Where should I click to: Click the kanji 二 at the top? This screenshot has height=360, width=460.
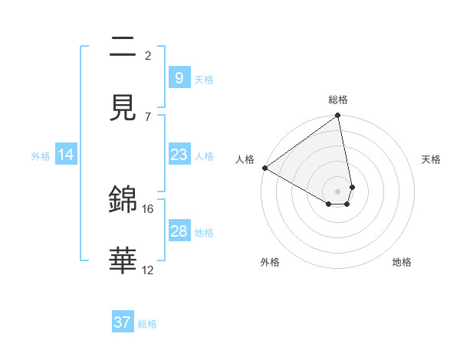[123, 48]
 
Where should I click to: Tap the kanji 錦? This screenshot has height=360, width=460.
[123, 200]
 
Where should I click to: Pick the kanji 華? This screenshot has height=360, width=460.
[123, 261]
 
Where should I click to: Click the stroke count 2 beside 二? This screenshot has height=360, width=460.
[148, 55]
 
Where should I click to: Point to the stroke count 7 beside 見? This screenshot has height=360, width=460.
[148, 116]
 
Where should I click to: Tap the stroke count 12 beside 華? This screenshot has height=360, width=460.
[148, 270]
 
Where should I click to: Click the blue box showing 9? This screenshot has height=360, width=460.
[179, 77]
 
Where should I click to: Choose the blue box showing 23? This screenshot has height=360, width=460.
[179, 155]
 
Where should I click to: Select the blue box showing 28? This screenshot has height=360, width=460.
[179, 231]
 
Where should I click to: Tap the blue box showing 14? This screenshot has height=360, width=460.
[66, 155]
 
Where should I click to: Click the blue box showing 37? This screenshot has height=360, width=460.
[123, 322]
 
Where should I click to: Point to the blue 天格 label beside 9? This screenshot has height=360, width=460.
[204, 79]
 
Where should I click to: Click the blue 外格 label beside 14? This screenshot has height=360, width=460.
[41, 156]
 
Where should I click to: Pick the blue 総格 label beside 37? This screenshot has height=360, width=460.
[147, 324]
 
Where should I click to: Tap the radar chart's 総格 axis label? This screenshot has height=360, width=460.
[338, 100]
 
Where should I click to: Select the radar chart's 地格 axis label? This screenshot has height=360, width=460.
[402, 262]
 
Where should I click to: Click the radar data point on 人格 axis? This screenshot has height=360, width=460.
[264, 168]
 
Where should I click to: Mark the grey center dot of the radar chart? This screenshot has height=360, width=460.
[338, 191]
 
